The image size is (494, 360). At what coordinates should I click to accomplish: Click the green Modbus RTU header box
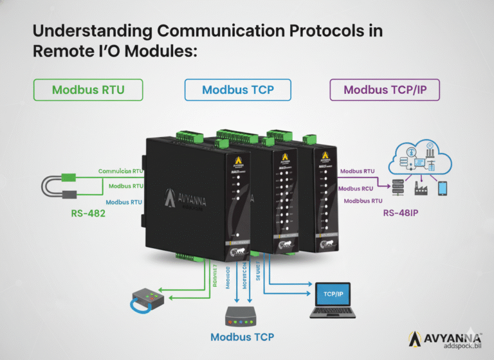pos(88,90)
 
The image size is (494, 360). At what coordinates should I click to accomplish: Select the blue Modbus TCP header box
pos(237,90)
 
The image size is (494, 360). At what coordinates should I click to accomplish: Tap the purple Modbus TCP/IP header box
pos(385,90)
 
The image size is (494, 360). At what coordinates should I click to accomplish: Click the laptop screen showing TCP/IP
pos(332,294)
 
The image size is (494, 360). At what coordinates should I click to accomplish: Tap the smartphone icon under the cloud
pos(442,188)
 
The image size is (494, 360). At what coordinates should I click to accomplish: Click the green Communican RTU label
pos(120,172)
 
